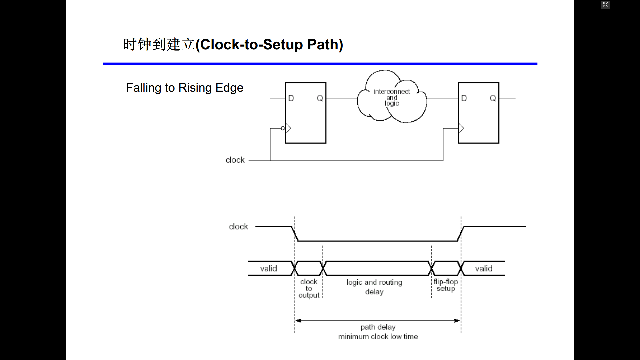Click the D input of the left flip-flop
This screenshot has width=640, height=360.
(291, 98)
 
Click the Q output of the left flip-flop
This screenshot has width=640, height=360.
(320, 98)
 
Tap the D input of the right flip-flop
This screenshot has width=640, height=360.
(464, 98)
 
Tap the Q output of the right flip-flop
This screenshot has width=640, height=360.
(493, 98)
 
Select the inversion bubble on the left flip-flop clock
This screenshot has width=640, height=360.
(283, 128)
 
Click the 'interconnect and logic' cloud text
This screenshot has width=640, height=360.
(392, 97)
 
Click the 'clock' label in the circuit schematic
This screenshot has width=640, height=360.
(235, 160)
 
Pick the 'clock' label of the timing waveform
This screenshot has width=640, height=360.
(238, 227)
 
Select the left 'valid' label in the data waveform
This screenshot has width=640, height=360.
(269, 269)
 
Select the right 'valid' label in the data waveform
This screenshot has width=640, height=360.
(484, 269)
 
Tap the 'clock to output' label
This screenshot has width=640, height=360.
(309, 289)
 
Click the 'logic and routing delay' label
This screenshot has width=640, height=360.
(374, 287)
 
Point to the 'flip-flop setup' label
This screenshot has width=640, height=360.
(446, 285)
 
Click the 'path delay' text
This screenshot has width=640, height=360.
(378, 327)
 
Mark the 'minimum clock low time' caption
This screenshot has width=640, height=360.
(378, 337)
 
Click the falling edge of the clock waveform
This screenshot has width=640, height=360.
(295, 234)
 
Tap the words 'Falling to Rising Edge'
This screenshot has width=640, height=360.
(185, 88)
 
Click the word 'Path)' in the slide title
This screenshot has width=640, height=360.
(325, 45)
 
